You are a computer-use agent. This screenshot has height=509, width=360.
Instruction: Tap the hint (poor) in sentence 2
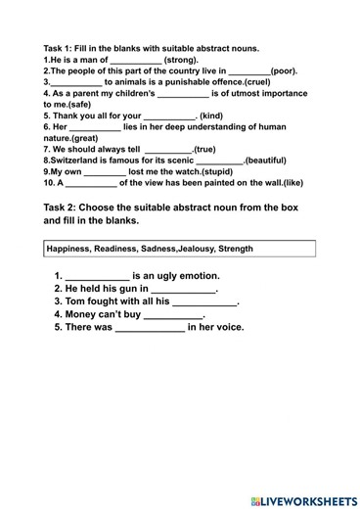tap(284, 71)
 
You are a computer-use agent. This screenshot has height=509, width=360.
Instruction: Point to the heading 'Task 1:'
tap(62, 48)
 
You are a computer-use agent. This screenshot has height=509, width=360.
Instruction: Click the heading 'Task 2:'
tap(66, 208)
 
